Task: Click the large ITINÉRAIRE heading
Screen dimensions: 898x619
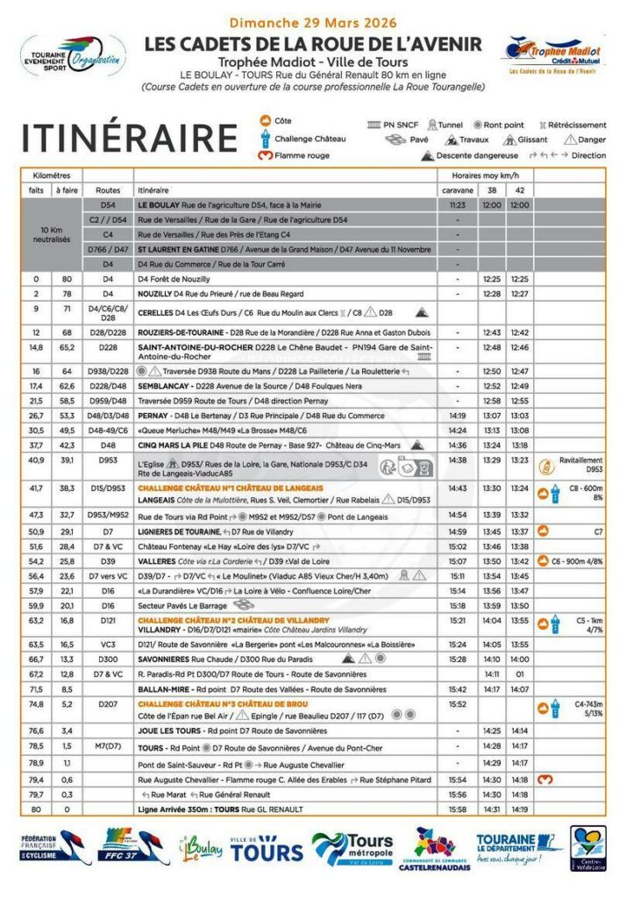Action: [x=129, y=139]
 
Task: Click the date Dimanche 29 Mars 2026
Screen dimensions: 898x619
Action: [x=313, y=23]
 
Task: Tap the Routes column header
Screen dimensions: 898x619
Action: [x=108, y=189]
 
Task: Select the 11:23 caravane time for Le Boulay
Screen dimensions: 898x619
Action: [x=457, y=204]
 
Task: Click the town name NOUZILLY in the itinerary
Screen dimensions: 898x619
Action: [x=154, y=294]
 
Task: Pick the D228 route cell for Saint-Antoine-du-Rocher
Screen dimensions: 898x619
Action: [x=108, y=347]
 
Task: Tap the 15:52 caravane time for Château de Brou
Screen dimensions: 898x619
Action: [x=457, y=703]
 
